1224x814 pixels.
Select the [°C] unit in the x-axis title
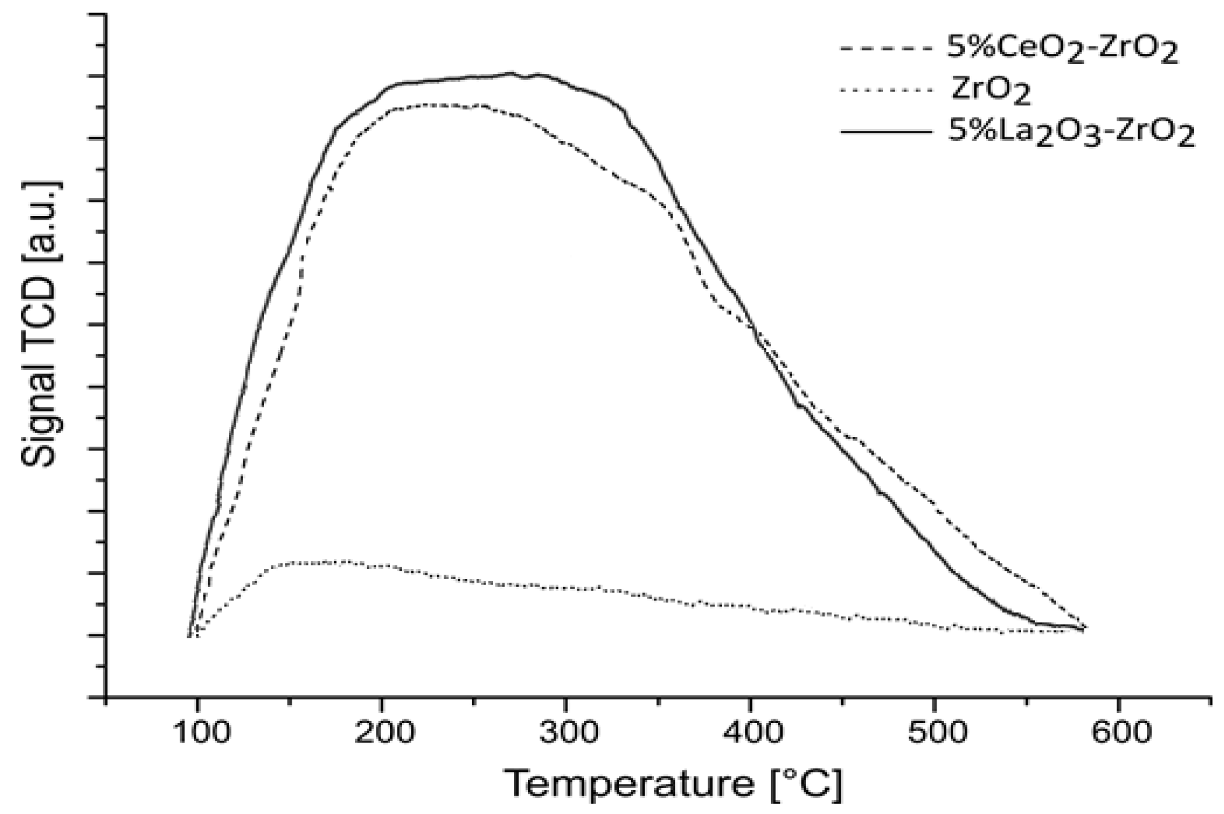(x=806, y=784)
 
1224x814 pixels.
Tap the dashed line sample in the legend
(x=886, y=47)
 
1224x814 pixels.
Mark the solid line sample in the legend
(x=886, y=132)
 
